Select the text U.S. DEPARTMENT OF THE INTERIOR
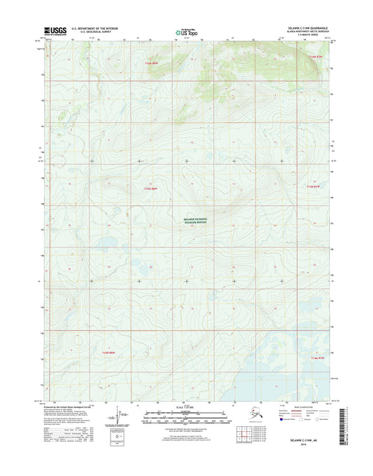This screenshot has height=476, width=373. coord(91,29)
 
